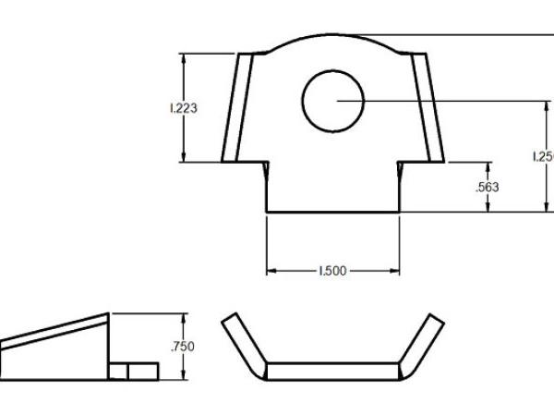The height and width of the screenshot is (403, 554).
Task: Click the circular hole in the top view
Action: coord(333,100)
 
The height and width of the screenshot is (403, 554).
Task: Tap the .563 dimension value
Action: coord(487,187)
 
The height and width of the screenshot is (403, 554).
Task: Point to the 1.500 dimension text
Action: coord(332,271)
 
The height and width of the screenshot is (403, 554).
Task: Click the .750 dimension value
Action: coord(185,347)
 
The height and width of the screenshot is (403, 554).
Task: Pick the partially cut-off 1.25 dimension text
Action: coord(543,156)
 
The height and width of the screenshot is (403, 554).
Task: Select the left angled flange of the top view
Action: coord(237,108)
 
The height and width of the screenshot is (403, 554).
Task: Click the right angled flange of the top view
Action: coord(428,108)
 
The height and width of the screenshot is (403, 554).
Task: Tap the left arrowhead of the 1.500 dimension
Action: coord(271,271)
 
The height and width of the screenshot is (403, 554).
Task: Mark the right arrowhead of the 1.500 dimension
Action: coord(395,271)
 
